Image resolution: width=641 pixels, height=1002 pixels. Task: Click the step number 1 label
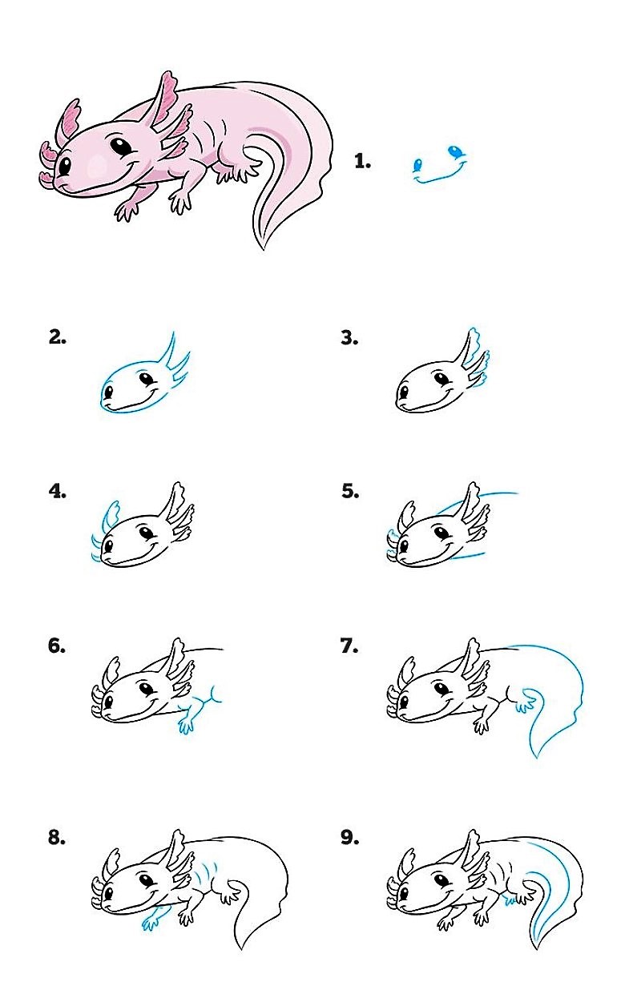(x=362, y=161)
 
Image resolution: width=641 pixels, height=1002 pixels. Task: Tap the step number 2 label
(x=58, y=337)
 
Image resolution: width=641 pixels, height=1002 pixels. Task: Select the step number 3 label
(x=349, y=338)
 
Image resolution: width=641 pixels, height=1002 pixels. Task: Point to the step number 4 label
(x=58, y=491)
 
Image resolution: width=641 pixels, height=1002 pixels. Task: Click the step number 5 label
(x=350, y=491)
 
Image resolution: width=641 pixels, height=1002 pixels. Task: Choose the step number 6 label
(x=57, y=646)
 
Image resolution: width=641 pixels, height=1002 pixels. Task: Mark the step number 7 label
(x=349, y=646)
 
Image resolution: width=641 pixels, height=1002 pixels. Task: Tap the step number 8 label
(x=57, y=837)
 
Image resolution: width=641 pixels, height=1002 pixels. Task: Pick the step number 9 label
(x=349, y=837)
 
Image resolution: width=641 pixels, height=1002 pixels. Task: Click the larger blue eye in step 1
(x=455, y=151)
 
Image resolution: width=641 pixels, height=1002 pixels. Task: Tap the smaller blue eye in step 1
(x=417, y=165)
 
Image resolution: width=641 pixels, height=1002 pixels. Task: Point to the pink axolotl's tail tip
(x=263, y=247)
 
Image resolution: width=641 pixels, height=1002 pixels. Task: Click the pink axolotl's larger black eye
(x=119, y=147)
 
